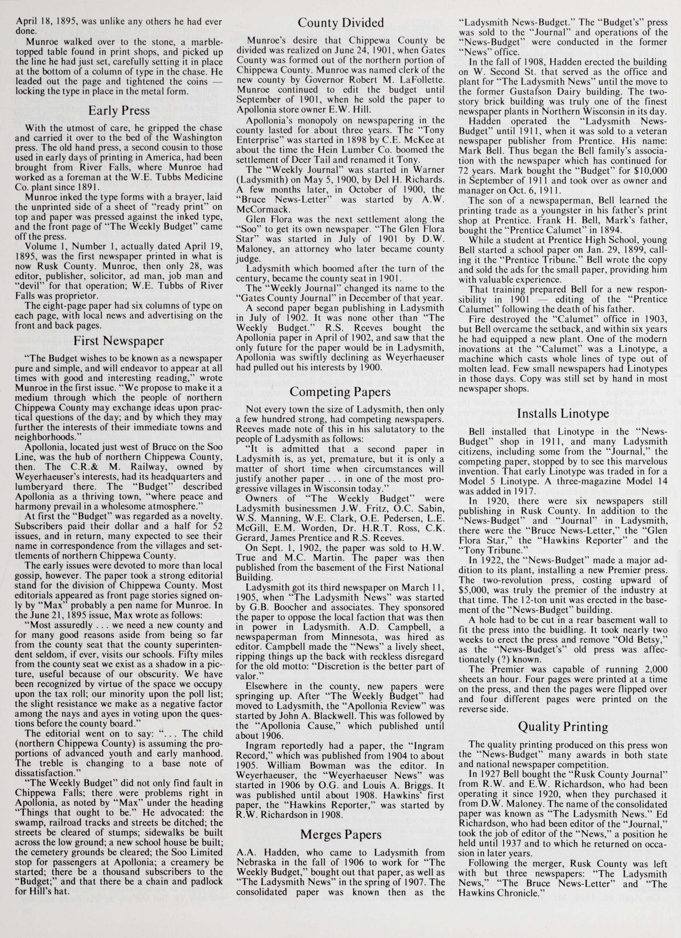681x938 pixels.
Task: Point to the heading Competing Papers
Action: coord(340,391)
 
